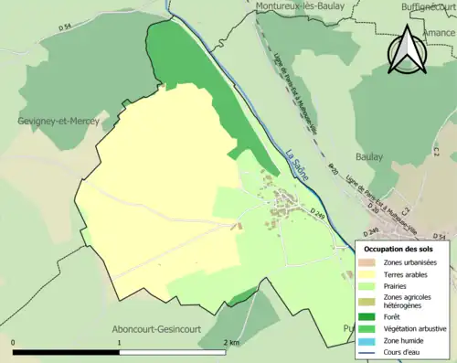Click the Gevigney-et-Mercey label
[55, 120]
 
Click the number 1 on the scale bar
[119, 342]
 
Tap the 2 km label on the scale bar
[230, 342]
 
